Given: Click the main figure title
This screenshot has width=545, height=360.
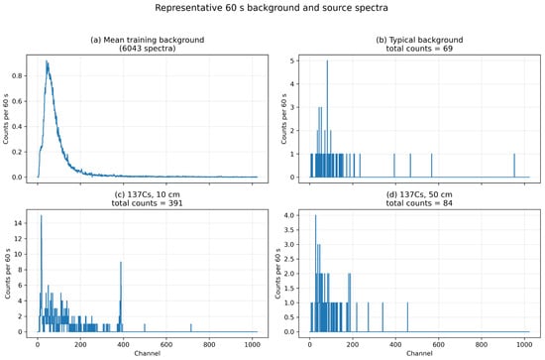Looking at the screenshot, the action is pos(272,8).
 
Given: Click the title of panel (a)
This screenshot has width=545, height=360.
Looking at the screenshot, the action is pos(147,44).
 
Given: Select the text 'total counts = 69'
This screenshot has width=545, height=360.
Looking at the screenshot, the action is pos(419,49).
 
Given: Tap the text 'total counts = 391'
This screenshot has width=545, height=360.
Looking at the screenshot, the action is pos(147,202).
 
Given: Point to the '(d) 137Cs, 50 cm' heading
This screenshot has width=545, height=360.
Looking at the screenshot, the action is pos(419,194).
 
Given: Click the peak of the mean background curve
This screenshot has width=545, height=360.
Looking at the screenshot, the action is pos(47,61).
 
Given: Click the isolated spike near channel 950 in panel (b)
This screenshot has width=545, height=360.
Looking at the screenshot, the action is pos(514,166).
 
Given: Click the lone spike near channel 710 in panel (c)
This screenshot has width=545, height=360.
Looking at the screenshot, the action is pos(191,328).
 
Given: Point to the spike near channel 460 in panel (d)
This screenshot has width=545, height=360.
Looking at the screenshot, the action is pos(407,317).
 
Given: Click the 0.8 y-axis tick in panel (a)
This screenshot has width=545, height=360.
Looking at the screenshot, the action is pos(17,75).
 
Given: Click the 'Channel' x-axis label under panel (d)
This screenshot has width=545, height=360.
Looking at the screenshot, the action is pos(419,353).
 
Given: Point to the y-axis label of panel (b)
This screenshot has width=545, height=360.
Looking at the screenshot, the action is pos(283,119).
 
